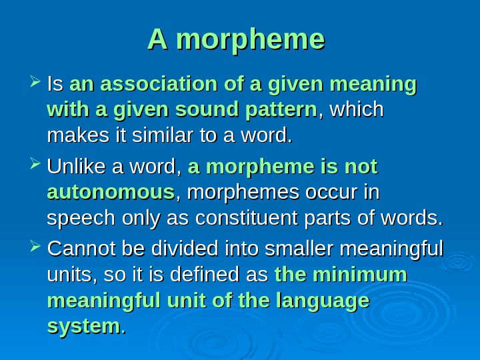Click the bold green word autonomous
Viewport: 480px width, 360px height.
(x=111, y=193)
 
